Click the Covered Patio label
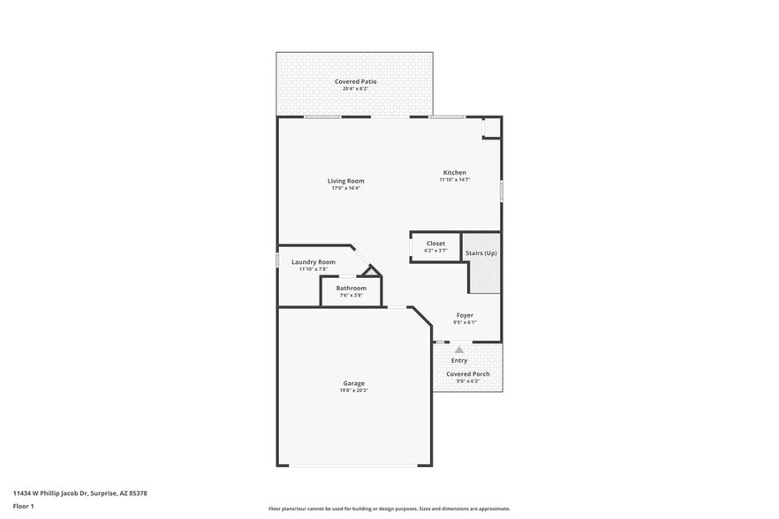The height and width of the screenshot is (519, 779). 355,81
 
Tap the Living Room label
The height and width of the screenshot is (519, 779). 346,181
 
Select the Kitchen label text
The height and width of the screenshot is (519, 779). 455,172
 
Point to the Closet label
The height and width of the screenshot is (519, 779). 435,244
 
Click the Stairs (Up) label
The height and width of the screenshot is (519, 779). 481,253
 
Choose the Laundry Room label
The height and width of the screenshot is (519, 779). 314,262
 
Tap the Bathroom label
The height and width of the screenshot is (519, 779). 351,288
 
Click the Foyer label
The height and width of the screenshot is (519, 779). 465,315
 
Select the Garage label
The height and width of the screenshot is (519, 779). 354,383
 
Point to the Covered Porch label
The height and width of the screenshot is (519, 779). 468,374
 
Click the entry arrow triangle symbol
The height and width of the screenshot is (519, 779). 459,350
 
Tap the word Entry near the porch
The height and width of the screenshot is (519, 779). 459,360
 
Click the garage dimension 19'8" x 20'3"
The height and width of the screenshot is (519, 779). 354,390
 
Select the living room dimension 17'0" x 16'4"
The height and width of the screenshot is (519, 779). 346,188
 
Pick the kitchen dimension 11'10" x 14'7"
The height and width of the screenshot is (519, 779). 455,179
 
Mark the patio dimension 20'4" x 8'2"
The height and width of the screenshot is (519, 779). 355,88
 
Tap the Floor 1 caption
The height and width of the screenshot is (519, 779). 23,506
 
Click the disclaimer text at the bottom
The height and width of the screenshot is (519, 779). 389,508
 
